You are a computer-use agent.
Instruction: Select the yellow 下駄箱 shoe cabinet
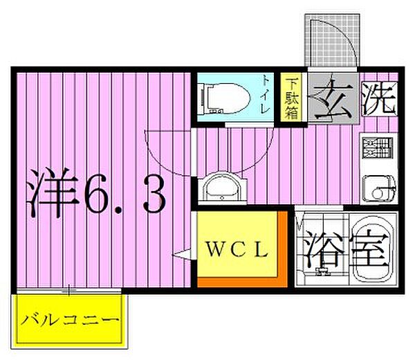293,98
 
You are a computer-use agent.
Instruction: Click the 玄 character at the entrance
335,99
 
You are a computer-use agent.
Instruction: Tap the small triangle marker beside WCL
181,254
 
